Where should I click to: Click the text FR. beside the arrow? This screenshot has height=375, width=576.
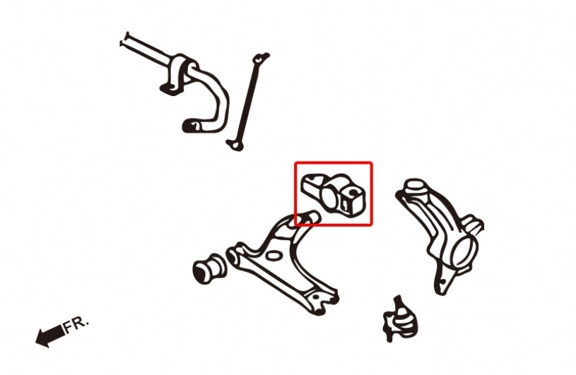click(76, 326)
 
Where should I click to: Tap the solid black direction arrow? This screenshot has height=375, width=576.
click(50, 335)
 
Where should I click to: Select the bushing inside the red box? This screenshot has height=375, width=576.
click(334, 194)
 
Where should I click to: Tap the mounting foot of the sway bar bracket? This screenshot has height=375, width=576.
click(170, 89)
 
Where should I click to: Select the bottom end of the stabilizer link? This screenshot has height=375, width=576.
click(235, 145)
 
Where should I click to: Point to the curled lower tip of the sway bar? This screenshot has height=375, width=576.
click(192, 126)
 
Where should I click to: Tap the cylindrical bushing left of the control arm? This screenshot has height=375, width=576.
click(209, 268)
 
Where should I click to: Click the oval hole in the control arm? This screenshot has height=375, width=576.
click(272, 255)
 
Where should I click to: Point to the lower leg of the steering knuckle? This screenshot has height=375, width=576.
click(443, 281)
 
